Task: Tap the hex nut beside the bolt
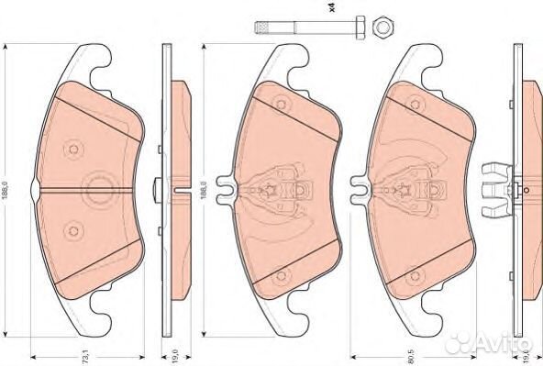382,29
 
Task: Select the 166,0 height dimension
203,189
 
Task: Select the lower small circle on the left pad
74,227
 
